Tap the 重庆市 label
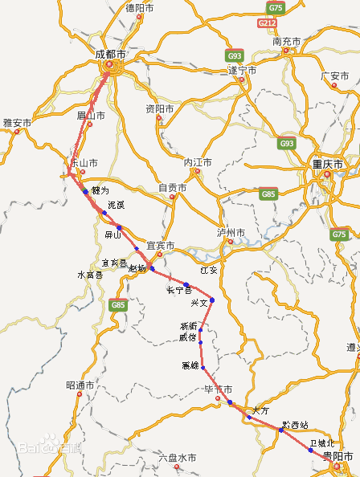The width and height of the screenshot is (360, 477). coord(327,164)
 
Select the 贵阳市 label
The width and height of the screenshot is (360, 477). coord(337,455)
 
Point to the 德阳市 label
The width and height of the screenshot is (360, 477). coord(141,8)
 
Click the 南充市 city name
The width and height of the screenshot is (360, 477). coord(286,41)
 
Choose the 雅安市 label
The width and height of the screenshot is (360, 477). coord(17,123)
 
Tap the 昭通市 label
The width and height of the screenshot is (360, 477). coord(80,385)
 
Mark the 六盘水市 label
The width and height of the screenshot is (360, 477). coord(178,458)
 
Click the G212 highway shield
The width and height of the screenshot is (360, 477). coord(268,23)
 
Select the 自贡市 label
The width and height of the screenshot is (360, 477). coord(172,188)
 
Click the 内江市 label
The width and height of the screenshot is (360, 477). coord(198,162)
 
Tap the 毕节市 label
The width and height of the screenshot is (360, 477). coord(219,389)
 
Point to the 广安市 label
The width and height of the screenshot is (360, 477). coord(335,76)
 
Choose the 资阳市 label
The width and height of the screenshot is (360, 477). coord(160,108)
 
